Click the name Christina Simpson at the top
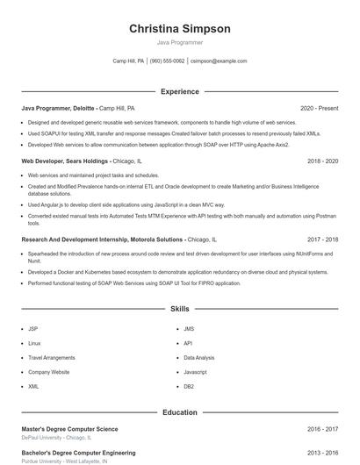pyautogui.click(x=180, y=29)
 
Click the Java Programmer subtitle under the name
pyautogui.click(x=180, y=42)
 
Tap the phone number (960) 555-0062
pyautogui.click(x=167, y=61)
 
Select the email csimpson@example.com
pyautogui.click(x=219, y=61)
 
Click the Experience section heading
pyautogui.click(x=180, y=91)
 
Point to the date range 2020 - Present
pyautogui.click(x=319, y=108)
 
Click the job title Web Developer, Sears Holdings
pyautogui.click(x=65, y=161)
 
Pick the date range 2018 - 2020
pyautogui.click(x=322, y=161)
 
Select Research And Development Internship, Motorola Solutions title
pyautogui.click(x=102, y=239)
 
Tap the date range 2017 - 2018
pyautogui.click(x=322, y=239)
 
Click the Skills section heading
pyautogui.click(x=180, y=309)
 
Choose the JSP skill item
pyautogui.click(x=32, y=329)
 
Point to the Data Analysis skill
pyautogui.click(x=198, y=358)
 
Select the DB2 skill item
pyautogui.click(x=189, y=386)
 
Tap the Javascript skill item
pyautogui.click(x=195, y=372)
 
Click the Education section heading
pyautogui.click(x=180, y=412)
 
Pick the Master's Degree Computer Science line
pyautogui.click(x=69, y=429)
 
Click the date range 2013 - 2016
pyautogui.click(x=322, y=453)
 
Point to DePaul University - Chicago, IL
pyautogui.click(x=56, y=437)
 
